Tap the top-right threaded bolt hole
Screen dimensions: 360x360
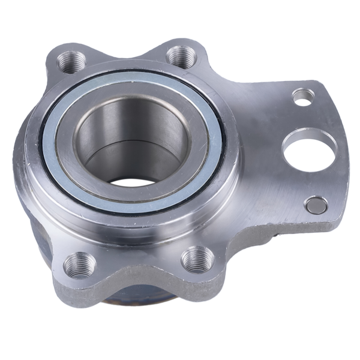click(x=181, y=56)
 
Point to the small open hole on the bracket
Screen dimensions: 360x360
click(x=303, y=96)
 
